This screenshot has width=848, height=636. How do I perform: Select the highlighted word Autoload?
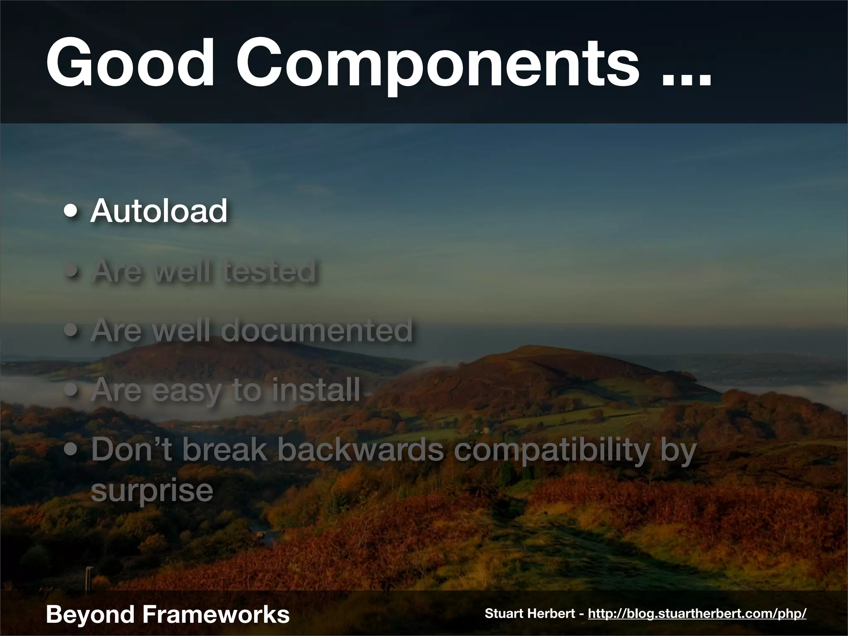click(x=159, y=211)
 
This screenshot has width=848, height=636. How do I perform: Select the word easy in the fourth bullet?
click(x=187, y=391)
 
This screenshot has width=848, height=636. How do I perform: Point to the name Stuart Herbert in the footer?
click(x=530, y=614)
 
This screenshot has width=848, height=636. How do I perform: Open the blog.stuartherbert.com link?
click(x=697, y=614)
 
